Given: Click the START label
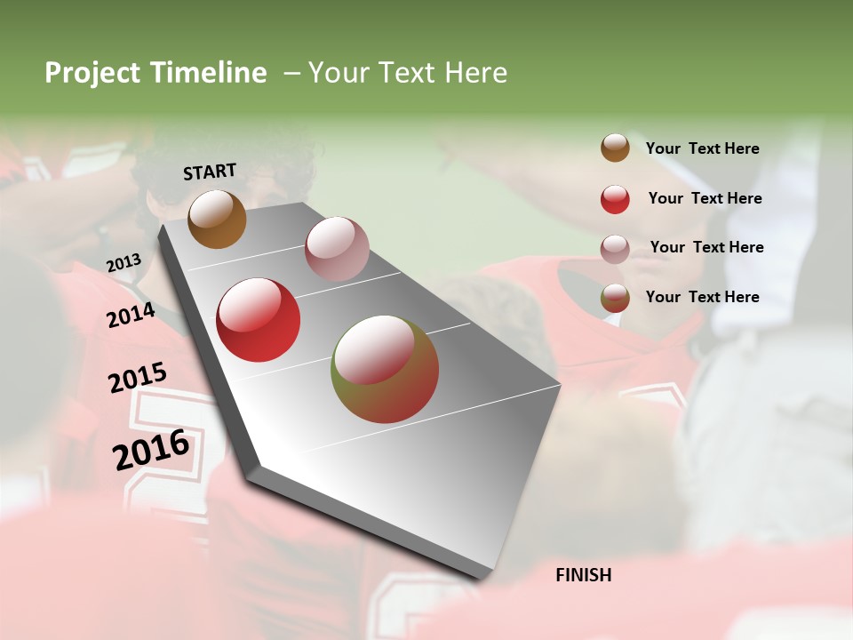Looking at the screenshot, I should point(210,172).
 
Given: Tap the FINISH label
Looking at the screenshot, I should point(584,575).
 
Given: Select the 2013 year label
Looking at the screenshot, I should point(124,262).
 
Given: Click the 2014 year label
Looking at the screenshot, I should point(131,315).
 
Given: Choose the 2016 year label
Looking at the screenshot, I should point(151,449).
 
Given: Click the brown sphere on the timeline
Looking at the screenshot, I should point(217,219).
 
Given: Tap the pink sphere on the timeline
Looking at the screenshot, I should point(337,248).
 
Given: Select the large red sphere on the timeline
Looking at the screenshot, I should point(259,320).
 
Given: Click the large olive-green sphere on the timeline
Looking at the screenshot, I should point(385,369).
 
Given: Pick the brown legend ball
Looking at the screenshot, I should point(615,148).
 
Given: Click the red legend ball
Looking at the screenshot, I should point(615,199).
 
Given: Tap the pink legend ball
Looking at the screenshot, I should point(615,249).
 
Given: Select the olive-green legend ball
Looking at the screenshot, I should point(615,298).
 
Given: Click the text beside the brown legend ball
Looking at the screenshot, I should point(702,148).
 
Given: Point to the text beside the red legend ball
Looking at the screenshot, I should point(705,198).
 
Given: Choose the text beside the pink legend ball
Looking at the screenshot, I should point(706,247).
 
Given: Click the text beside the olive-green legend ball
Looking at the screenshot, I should point(702,297).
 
